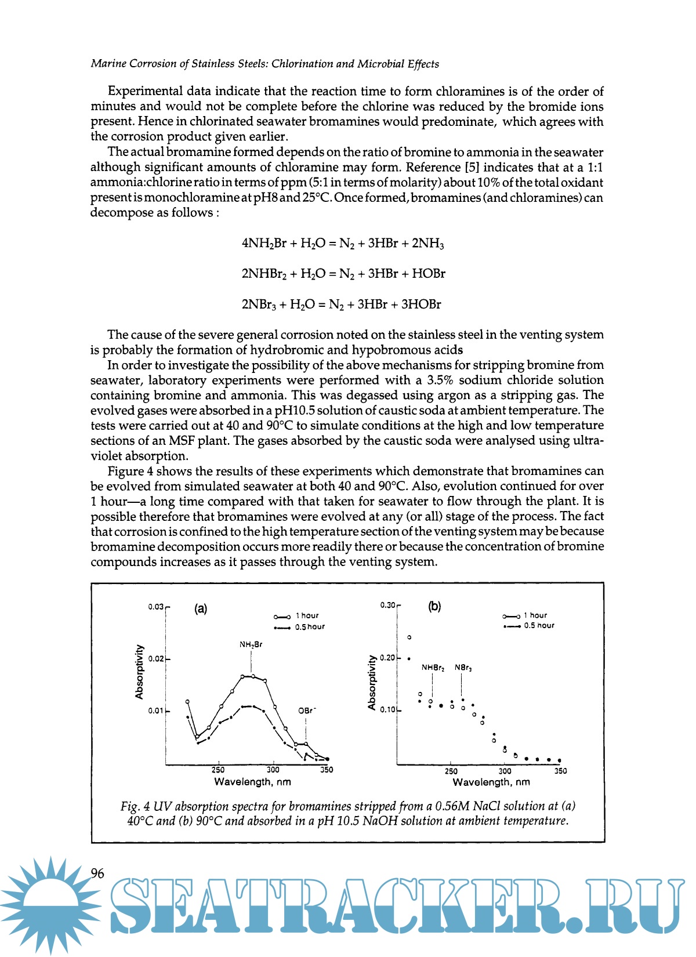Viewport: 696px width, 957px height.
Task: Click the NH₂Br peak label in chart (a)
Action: point(251,644)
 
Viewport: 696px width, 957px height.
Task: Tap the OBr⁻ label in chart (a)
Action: point(307,710)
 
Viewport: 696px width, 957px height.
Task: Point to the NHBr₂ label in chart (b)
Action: point(433,668)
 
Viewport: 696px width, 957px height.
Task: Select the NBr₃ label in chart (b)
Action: point(463,668)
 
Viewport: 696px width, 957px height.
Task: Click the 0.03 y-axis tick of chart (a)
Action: point(155,607)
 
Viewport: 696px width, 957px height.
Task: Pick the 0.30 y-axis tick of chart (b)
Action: point(387,605)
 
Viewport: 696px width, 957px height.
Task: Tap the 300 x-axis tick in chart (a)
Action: point(273,770)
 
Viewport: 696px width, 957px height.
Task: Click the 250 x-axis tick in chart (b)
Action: point(451,771)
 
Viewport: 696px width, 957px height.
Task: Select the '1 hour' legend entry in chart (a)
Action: point(296,616)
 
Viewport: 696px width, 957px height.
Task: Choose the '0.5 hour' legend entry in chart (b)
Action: point(528,626)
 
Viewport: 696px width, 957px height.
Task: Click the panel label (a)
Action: point(201,608)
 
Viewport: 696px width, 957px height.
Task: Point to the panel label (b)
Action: point(434,607)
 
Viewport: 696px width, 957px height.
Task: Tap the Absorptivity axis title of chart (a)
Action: point(139,672)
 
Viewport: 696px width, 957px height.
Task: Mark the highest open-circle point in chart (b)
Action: point(409,637)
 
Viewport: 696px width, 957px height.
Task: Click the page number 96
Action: point(97,873)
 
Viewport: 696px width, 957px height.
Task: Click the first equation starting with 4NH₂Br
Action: point(343,244)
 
